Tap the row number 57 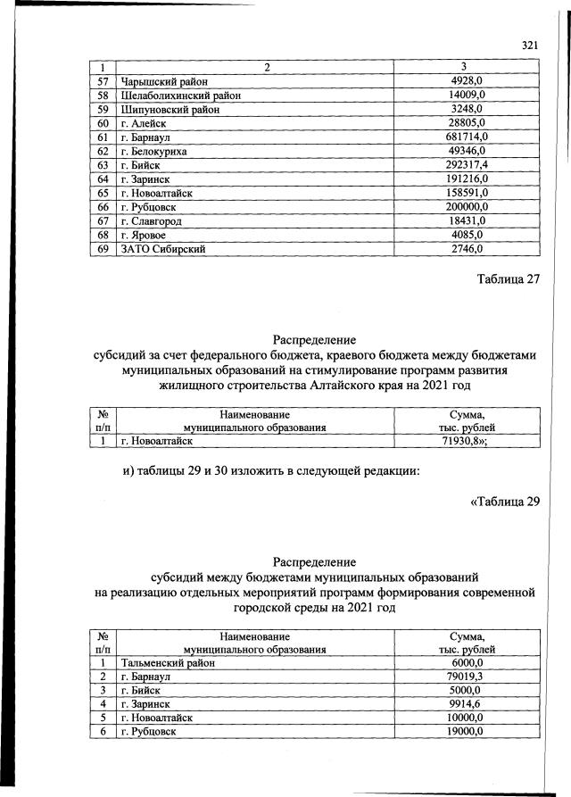(103, 81)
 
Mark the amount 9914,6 (467, 704)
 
